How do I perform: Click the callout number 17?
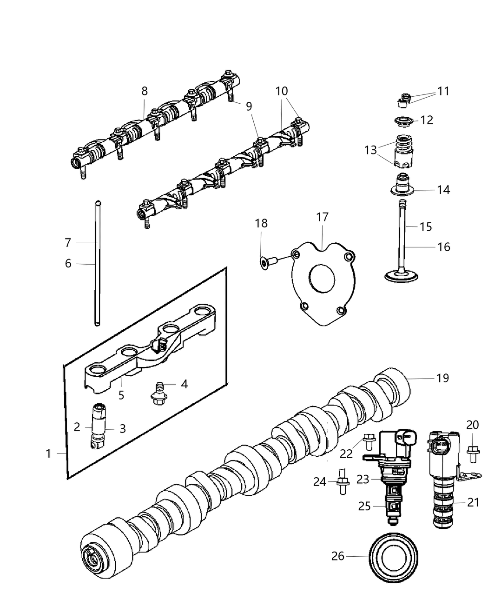(x=322, y=217)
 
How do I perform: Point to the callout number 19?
(x=442, y=378)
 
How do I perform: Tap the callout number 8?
(x=145, y=92)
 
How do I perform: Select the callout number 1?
(x=48, y=453)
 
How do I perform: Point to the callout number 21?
(x=473, y=502)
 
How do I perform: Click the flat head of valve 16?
(x=402, y=275)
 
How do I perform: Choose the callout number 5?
(x=121, y=395)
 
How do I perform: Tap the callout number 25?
(x=364, y=506)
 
